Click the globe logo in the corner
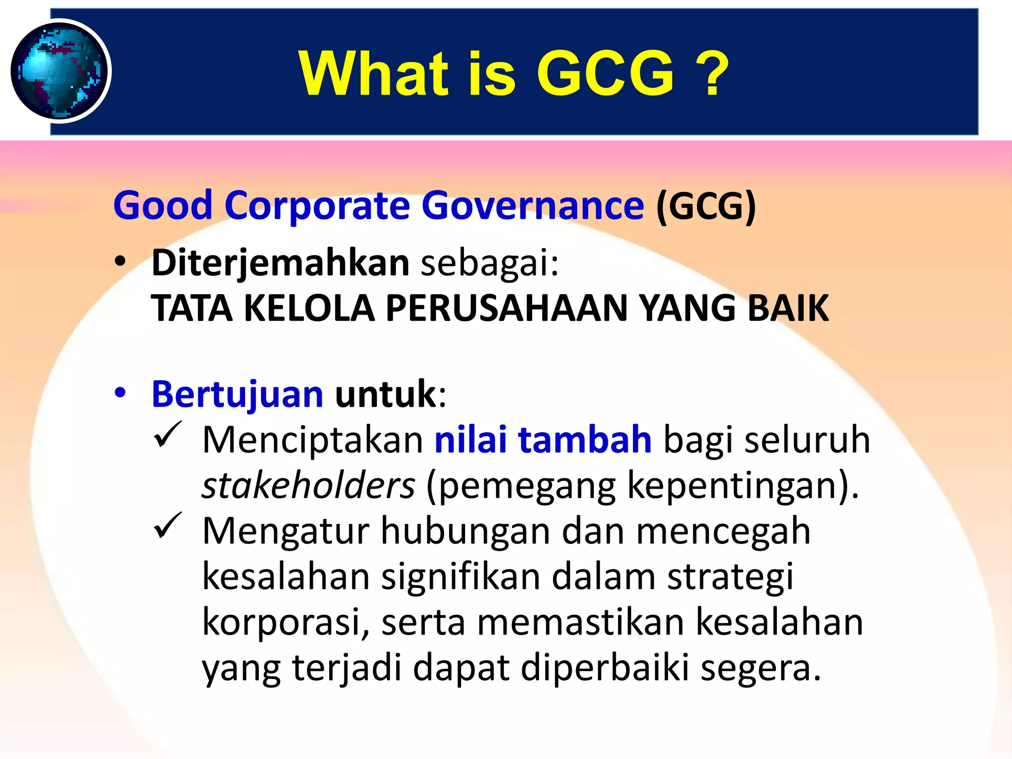[60, 71]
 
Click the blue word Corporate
[317, 206]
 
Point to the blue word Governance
[533, 206]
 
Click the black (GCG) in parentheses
[706, 206]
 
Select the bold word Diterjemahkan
[280, 263]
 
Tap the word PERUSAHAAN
[506, 308]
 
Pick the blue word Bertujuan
[237, 394]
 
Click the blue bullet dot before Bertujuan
[120, 394]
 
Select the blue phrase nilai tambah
[543, 440]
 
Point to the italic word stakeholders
[308, 485]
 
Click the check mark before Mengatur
[168, 526]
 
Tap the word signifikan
[461, 576]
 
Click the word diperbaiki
[605, 668]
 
